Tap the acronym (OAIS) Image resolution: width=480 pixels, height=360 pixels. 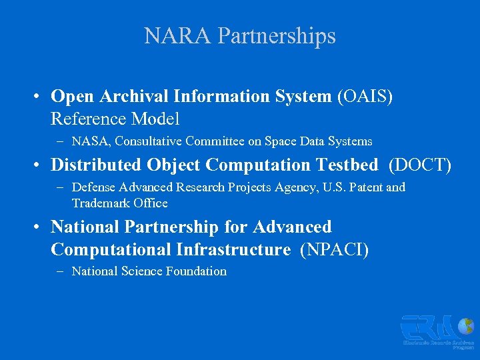pos(365,97)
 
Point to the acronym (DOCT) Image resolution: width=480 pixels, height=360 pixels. pos(420,165)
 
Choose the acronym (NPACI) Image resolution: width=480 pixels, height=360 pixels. pos(335,250)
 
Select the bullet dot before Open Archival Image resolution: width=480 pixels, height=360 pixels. pos(40,97)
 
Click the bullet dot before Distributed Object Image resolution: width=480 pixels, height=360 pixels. pos(40,165)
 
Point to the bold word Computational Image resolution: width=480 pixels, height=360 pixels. pos(111,250)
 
